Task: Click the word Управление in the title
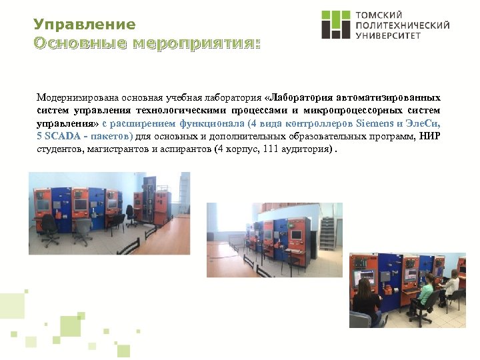pyautogui.click(x=84, y=25)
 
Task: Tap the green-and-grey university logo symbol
pyautogui.click(x=335, y=25)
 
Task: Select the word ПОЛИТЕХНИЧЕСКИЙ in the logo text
pyautogui.click(x=403, y=25)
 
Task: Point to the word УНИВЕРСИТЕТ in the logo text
pyautogui.click(x=389, y=36)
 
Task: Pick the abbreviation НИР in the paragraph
pyautogui.click(x=430, y=136)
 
